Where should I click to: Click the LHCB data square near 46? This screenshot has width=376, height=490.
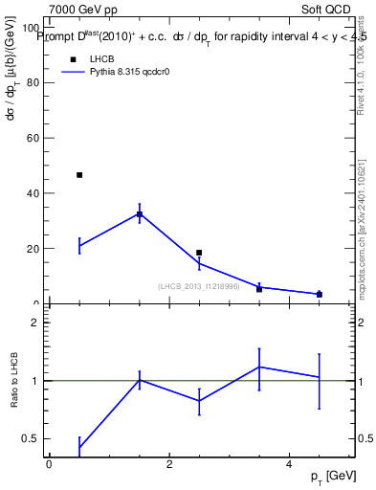[x=79, y=175]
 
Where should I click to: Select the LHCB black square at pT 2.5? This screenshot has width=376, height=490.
[x=199, y=253]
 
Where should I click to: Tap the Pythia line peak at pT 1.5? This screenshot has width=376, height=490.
[x=140, y=213]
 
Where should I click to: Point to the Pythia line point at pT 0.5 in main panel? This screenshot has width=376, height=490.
[x=79, y=246]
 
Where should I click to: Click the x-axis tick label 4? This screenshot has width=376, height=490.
[x=289, y=464]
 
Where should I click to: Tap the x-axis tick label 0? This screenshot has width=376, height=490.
[x=49, y=464]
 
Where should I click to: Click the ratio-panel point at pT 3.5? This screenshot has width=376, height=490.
[x=259, y=367]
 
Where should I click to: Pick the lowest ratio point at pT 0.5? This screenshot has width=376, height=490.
[x=79, y=447]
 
